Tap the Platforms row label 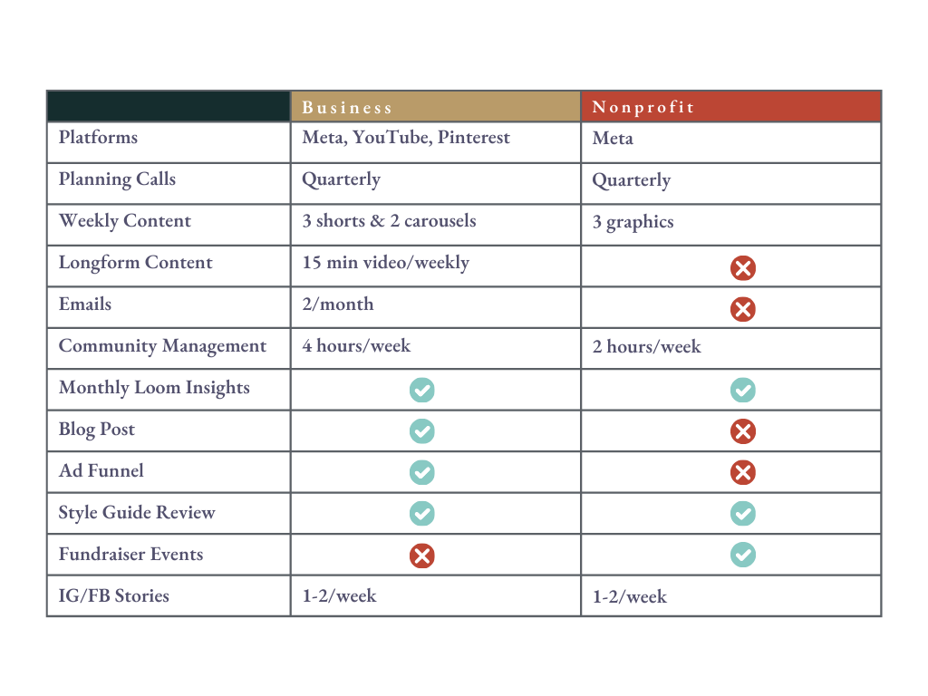tap(98, 138)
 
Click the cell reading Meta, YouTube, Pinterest tap(406, 138)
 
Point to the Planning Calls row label tap(117, 179)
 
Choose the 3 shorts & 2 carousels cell tap(389, 221)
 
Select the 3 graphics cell tap(633, 222)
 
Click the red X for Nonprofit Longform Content tap(743, 267)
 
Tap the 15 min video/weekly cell tap(385, 263)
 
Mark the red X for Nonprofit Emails tap(743, 309)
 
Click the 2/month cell tap(338, 304)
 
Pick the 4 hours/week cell tap(356, 346)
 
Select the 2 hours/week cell tap(646, 347)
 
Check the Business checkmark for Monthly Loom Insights tap(421, 390)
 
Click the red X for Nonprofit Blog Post tap(743, 431)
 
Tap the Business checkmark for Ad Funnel tap(421, 472)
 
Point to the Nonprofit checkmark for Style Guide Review tap(743, 514)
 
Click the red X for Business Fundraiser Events tap(421, 556)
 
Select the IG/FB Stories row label tap(113, 596)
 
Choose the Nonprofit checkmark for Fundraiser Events tap(743, 555)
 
